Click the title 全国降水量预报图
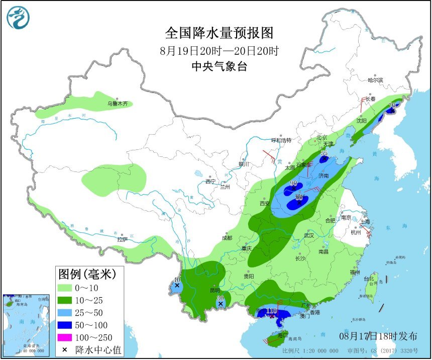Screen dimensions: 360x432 pos(220,33)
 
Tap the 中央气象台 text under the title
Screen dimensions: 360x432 pos(220,66)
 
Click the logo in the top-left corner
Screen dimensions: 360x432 pos(18,18)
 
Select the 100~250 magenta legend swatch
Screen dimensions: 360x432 pos(65,337)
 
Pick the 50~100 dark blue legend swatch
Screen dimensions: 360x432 pos(65,325)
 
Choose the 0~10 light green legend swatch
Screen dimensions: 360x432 pos(65,288)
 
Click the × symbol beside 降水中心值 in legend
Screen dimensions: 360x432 pos(65,349)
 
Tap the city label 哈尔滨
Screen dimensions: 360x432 pos(375,80)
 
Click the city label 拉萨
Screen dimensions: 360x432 pos(122,239)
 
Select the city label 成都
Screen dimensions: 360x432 pos(227,238)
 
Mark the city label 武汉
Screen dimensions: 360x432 pos(308,235)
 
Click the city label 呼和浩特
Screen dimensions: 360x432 pos(281,140)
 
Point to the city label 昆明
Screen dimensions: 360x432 pos(215,291)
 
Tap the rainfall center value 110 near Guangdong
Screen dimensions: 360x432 pos(272,311)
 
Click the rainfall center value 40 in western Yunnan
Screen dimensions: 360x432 pos(176,280)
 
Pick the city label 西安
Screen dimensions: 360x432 pos(265,203)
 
